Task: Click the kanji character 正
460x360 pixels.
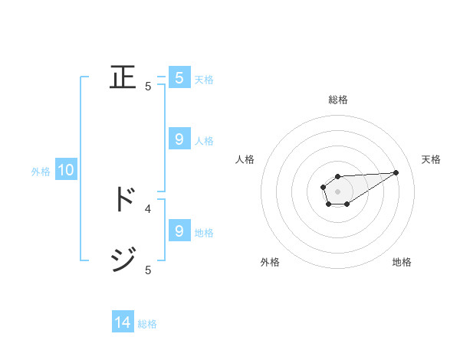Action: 123,77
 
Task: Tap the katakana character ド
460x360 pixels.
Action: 123,198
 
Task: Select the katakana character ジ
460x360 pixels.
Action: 123,260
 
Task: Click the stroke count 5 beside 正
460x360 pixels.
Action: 148,87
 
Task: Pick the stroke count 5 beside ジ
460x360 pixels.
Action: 148,270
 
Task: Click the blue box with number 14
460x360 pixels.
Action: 123,322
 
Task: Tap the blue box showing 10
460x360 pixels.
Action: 66,171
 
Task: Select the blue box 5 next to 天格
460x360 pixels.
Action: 179,78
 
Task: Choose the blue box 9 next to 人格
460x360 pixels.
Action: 179,139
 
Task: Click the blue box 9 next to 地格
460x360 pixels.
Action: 179,231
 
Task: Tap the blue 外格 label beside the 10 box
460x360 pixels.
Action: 41,172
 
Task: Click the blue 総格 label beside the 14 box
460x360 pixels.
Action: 147,323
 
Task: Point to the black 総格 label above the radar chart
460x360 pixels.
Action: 337,100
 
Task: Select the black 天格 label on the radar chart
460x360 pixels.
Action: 431,159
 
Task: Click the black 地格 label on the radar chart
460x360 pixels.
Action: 402,262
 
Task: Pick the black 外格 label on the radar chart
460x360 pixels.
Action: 270,262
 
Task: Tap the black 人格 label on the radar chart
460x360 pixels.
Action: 245,159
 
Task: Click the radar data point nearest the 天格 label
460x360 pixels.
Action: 396,172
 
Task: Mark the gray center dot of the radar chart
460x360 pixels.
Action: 337,191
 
